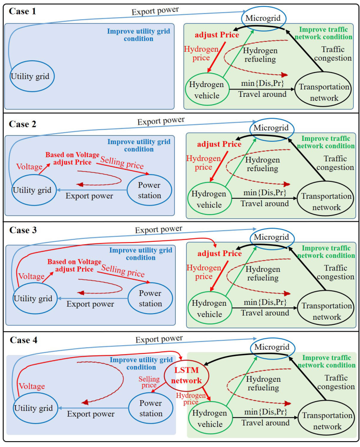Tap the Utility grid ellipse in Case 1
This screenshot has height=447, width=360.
pos(32,76)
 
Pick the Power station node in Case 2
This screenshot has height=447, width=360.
pos(149,190)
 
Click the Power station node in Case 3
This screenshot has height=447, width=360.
pos(150,298)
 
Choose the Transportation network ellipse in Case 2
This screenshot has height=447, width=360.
pos(326,202)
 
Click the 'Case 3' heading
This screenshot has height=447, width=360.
pos(23,230)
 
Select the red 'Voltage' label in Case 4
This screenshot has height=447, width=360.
pos(32,386)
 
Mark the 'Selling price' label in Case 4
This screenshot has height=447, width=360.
pos(148,382)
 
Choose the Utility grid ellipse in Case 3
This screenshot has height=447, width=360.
pos(33,298)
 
